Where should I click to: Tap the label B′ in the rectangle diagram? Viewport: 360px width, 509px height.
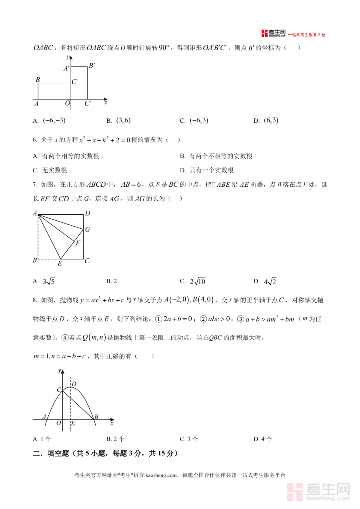click(x=92, y=66)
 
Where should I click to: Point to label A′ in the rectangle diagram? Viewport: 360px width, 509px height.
click(x=66, y=68)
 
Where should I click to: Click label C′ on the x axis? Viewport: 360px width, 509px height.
click(x=88, y=103)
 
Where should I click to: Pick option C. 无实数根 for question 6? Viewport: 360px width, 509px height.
click(x=50, y=170)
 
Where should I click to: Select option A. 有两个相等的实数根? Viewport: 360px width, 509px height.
click(x=66, y=156)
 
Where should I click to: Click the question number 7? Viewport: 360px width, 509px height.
click(x=35, y=185)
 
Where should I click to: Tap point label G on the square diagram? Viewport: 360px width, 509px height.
click(x=87, y=230)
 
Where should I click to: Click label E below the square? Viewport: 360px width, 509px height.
click(x=60, y=263)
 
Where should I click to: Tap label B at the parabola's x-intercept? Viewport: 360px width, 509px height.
click(x=96, y=417)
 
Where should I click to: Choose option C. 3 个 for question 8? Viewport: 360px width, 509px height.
click(x=189, y=439)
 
